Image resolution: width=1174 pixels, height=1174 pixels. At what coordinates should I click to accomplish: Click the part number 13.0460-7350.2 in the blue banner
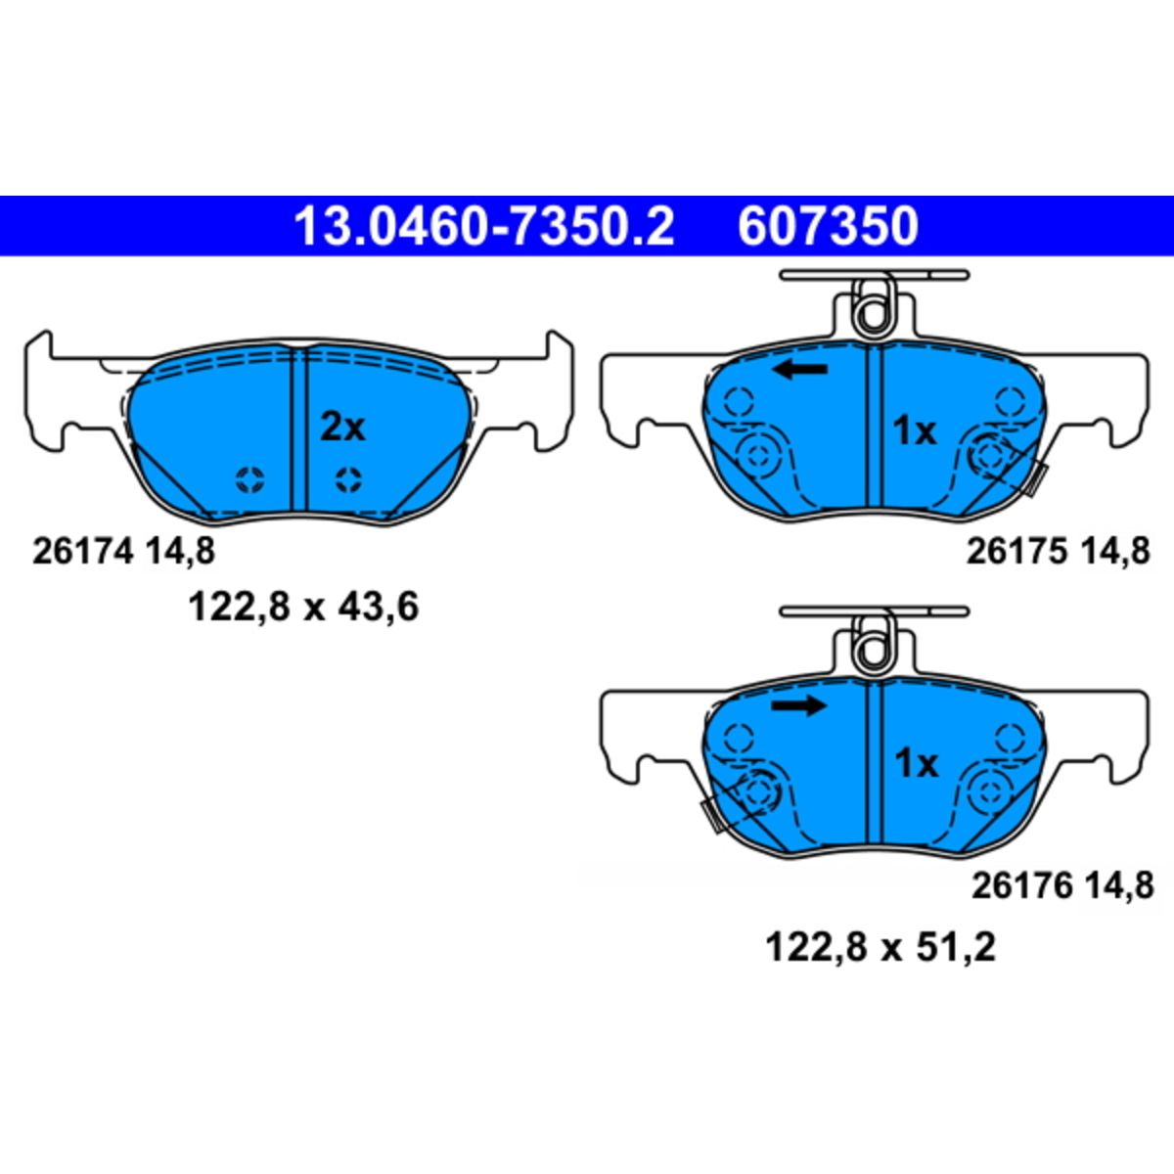click(x=484, y=226)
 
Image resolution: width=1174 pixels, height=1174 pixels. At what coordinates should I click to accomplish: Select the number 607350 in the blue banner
click(x=828, y=226)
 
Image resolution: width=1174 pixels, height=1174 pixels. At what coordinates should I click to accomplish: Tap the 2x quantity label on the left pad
click(x=342, y=428)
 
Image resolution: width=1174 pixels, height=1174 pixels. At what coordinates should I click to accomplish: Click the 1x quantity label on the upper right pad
click(x=914, y=431)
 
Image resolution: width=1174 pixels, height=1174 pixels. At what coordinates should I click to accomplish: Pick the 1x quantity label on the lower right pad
click(x=916, y=763)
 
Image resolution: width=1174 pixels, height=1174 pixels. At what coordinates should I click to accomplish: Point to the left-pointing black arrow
click(x=800, y=369)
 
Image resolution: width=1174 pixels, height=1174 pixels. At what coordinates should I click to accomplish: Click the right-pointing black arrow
click(x=798, y=705)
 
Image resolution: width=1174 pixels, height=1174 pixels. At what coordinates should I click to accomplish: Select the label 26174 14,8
click(x=123, y=552)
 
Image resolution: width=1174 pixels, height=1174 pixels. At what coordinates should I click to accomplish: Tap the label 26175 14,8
click(x=1059, y=552)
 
